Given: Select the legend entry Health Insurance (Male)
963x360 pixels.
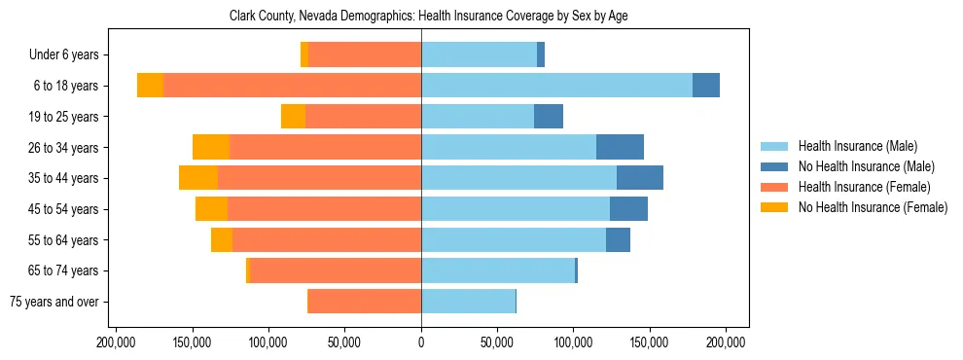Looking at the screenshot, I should [857, 146].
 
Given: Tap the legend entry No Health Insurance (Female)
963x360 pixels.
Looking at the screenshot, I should [872, 207].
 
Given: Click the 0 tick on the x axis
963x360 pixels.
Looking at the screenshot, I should [421, 342].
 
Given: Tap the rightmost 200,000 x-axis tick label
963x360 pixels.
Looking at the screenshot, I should [726, 342].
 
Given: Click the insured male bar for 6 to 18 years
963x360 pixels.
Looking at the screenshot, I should [556, 86].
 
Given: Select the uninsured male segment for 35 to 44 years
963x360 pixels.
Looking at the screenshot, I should [640, 178].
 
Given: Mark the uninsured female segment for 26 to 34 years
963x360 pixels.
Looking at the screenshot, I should [211, 147].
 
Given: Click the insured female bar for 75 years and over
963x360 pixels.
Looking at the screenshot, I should [364, 302].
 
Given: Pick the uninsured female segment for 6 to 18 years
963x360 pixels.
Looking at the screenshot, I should [150, 86].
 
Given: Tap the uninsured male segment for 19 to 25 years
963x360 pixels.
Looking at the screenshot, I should [549, 117].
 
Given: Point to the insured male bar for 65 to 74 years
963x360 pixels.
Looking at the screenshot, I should [498, 270].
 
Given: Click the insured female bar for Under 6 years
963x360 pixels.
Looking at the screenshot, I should [365, 55].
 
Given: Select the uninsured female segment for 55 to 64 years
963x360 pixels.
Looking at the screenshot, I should [222, 239].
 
